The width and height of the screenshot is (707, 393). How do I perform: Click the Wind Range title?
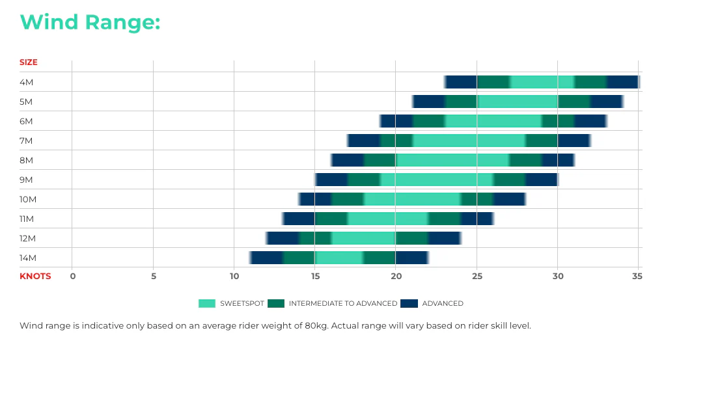90,22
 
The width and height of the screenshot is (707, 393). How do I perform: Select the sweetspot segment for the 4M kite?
542,82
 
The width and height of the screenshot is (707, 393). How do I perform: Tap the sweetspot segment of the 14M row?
339,258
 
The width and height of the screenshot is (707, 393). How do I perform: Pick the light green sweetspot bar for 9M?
437,180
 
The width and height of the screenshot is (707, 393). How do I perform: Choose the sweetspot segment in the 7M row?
469,141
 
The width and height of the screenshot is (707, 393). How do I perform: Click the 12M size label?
27,238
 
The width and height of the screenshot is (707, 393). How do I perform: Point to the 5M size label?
26,102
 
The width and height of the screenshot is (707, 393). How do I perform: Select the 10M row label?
27,199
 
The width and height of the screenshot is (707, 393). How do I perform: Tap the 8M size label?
26,160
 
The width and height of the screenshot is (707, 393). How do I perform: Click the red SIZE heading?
29,62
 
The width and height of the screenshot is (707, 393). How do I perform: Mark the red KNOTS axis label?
35,276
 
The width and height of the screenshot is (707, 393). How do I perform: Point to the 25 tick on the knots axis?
477,276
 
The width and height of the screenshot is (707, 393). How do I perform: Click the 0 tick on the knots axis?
72,276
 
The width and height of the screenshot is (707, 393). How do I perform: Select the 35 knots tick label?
637,276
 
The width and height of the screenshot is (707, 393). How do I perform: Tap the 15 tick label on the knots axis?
315,276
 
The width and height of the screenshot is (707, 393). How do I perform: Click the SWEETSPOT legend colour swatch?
207,303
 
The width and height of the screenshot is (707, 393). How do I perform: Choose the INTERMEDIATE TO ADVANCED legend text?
343,303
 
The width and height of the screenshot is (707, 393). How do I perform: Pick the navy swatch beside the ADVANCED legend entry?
409,303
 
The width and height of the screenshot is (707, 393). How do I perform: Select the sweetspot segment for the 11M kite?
388,219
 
